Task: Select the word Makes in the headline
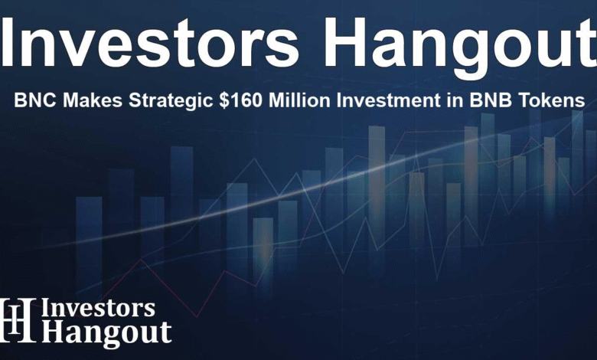click(x=93, y=100)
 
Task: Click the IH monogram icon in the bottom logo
click(x=17, y=320)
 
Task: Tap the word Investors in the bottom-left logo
click(x=98, y=308)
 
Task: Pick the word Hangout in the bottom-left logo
click(x=106, y=333)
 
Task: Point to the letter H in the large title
click(x=344, y=43)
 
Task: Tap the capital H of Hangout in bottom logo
click(x=54, y=332)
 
